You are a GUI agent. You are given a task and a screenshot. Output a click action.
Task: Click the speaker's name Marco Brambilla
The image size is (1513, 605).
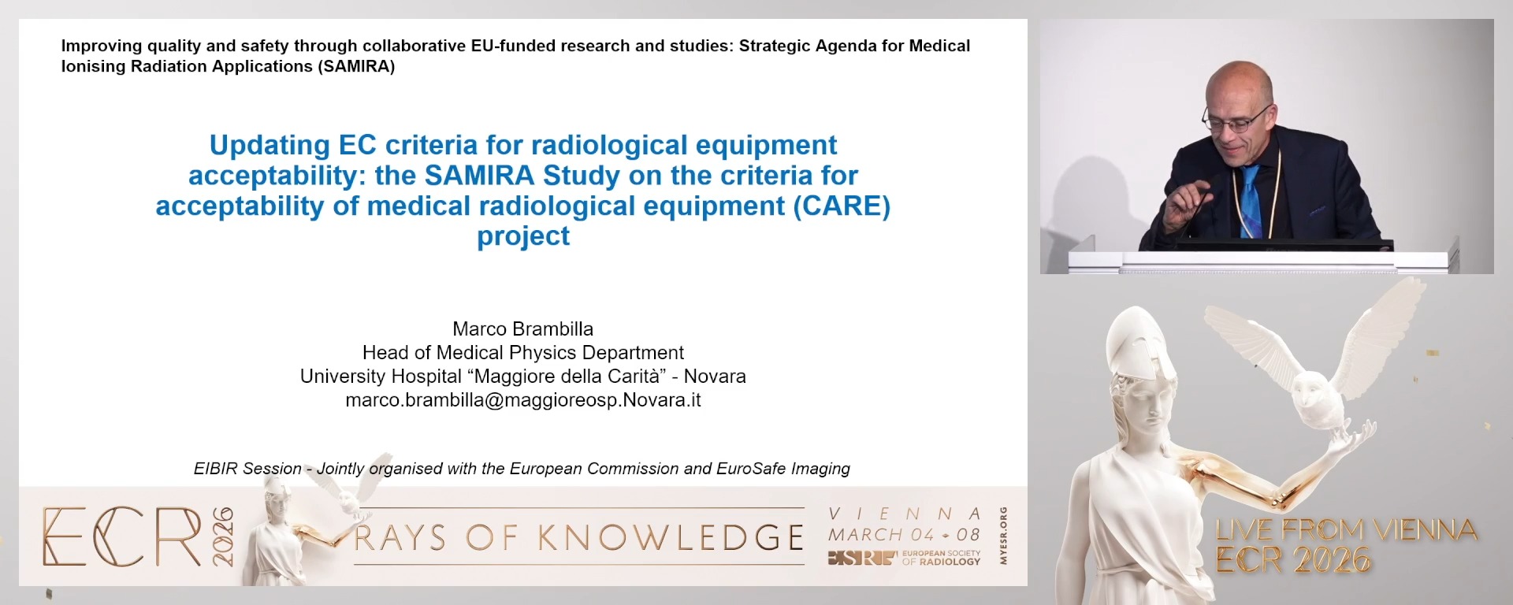(522, 329)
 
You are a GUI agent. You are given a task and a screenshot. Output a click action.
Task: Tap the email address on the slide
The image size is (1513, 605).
(522, 400)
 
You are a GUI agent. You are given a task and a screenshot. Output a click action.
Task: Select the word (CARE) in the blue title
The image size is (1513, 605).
(842, 206)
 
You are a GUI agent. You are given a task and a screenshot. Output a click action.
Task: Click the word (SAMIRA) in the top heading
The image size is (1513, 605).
(356, 67)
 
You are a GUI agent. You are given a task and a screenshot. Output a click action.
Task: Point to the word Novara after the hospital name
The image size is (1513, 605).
(715, 377)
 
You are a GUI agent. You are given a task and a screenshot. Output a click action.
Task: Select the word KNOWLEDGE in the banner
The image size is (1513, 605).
(671, 538)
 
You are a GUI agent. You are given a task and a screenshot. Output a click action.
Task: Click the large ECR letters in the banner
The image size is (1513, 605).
(122, 536)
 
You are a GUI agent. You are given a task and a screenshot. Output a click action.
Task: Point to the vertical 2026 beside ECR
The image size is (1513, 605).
(223, 536)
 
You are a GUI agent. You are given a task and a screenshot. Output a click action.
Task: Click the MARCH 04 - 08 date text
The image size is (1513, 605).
(904, 534)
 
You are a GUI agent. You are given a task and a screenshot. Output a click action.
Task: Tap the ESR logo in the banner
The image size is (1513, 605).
(862, 558)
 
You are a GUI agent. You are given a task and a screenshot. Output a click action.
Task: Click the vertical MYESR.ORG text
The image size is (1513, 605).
(1003, 536)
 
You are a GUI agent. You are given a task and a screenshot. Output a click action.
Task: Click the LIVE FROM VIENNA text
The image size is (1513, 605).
(1346, 529)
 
